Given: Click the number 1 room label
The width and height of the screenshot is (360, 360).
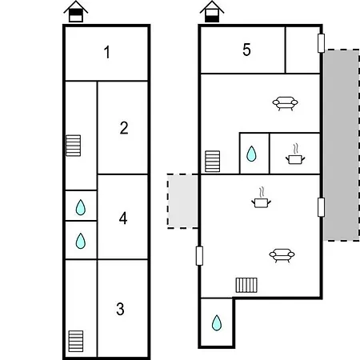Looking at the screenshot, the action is pyautogui.click(x=107, y=52).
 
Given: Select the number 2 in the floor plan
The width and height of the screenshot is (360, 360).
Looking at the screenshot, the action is pyautogui.click(x=124, y=128).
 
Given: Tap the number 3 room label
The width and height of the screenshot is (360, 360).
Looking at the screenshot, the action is pyautogui.click(x=120, y=309).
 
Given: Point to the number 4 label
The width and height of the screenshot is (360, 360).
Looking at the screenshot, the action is pyautogui.click(x=123, y=218).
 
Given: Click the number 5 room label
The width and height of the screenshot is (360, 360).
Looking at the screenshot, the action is pyautogui.click(x=246, y=50).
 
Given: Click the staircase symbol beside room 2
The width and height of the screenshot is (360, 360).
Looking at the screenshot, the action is pyautogui.click(x=74, y=146).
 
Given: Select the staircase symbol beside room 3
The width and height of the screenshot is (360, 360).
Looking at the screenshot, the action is pyautogui.click(x=76, y=342).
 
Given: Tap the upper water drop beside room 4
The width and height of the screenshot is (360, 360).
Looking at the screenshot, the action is pyautogui.click(x=81, y=207).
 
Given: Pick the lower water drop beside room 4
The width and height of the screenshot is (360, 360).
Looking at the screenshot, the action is pyautogui.click(x=81, y=241).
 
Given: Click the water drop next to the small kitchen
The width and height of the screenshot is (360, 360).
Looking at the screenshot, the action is pyautogui.click(x=251, y=154).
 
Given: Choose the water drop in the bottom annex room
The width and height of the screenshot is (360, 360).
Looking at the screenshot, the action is pyautogui.click(x=217, y=322).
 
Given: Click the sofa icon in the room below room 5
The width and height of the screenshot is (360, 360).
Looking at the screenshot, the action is pyautogui.click(x=285, y=103).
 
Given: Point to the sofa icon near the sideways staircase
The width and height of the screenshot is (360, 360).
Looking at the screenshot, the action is pyautogui.click(x=282, y=255).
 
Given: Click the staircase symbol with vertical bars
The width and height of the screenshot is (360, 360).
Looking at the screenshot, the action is pyautogui.click(x=246, y=285).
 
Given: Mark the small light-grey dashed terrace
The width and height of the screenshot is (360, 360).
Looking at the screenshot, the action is pyautogui.click(x=183, y=201).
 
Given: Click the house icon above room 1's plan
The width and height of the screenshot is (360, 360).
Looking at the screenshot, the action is pyautogui.click(x=76, y=11).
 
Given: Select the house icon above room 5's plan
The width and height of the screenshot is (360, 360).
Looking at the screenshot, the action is pyautogui.click(x=212, y=11).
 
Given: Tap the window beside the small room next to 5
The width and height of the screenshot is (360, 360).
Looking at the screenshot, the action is pyautogui.click(x=321, y=43).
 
